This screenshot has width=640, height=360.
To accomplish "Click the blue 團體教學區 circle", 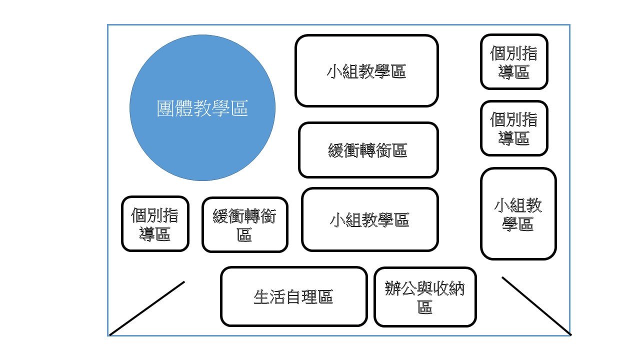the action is (x=202, y=107).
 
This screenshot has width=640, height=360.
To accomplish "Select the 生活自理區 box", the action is (x=293, y=296).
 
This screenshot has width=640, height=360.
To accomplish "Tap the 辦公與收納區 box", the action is (x=425, y=297).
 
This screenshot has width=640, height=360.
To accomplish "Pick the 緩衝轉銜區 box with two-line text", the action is (x=245, y=224).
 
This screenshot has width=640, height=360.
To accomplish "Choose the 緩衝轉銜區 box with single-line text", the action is (x=368, y=150).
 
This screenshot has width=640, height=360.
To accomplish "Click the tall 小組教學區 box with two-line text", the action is (x=518, y=213).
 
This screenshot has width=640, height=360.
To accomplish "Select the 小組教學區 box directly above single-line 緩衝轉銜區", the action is (x=366, y=71).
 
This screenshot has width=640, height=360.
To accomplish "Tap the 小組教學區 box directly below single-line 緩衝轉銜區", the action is (x=370, y=219).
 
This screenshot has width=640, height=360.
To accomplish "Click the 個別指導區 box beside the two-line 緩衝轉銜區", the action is (x=155, y=223).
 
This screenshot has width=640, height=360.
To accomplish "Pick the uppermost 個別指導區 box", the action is (x=514, y=61).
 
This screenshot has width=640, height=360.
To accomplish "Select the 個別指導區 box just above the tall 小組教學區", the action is (x=514, y=128).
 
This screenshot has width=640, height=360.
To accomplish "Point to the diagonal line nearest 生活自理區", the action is (x=147, y=308).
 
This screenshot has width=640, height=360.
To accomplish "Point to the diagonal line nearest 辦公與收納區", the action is (x=536, y=306).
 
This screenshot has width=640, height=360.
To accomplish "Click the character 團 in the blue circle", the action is (x=165, y=108).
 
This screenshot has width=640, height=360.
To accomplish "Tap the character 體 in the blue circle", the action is (x=183, y=108).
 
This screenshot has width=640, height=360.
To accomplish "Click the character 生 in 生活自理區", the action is (x=261, y=297).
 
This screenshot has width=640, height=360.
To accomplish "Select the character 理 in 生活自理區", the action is (x=309, y=297).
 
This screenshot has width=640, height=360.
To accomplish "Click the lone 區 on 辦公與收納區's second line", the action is (x=425, y=307).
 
